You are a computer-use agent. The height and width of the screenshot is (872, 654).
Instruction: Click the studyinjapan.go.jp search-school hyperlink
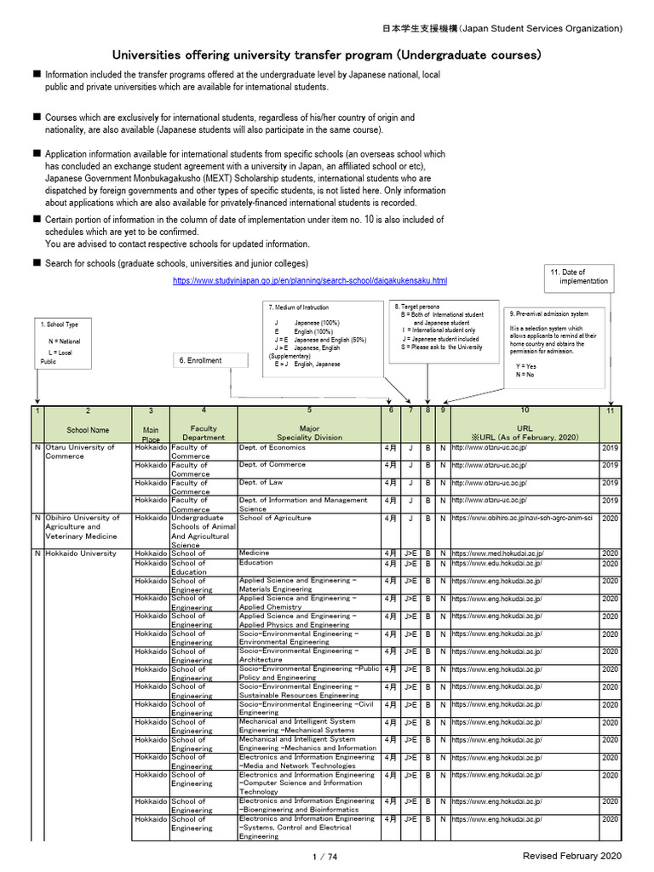click(309, 280)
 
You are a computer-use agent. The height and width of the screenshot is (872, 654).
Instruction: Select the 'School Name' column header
click(88, 431)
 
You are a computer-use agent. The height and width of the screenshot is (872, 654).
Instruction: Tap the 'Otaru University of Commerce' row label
click(79, 451)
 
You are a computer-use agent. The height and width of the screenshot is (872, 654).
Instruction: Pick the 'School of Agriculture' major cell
click(275, 518)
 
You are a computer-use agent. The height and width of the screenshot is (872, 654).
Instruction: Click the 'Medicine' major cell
click(248, 553)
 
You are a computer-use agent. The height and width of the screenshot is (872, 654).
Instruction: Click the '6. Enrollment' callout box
click(200, 360)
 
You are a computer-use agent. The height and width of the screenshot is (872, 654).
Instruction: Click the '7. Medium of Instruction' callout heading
click(298, 307)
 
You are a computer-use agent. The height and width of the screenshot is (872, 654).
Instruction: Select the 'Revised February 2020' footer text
click(572, 856)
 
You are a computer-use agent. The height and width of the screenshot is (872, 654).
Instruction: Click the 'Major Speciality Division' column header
click(309, 431)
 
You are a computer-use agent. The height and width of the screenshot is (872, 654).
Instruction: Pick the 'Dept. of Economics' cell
click(272, 447)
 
